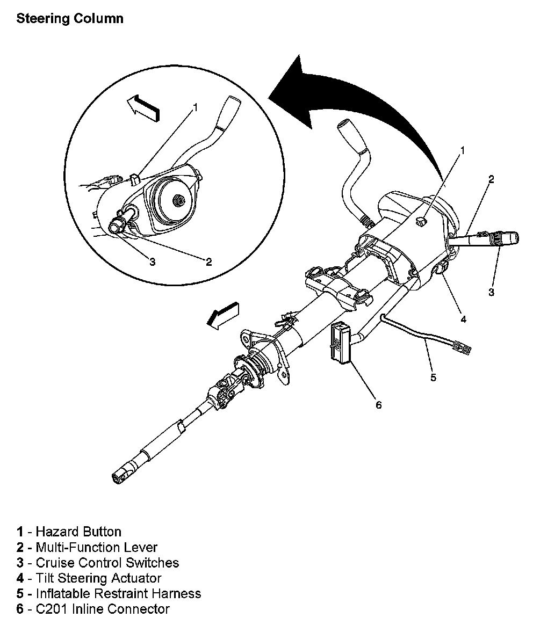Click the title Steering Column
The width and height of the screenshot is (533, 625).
[70, 19]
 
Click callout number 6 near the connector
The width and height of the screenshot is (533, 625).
[378, 405]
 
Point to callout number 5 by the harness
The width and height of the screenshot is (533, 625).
[434, 377]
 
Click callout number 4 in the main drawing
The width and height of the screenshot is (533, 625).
[463, 318]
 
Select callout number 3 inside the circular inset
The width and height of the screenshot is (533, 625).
[152, 262]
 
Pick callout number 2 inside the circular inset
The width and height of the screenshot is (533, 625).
[208, 262]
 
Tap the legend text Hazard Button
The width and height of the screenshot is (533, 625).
[78, 532]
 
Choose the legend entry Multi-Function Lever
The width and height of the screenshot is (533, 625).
[96, 547]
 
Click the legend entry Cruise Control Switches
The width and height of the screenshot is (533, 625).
[107, 563]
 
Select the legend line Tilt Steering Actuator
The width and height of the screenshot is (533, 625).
[98, 578]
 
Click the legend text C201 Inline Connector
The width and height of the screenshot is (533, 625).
[102, 609]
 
